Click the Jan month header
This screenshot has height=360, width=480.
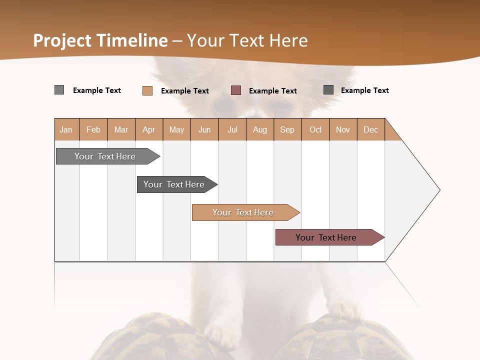click(x=66, y=129)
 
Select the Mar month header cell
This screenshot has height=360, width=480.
click(x=121, y=129)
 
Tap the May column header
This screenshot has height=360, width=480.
click(x=176, y=129)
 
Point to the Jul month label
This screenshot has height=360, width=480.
click(x=232, y=129)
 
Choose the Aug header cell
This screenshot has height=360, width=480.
click(x=259, y=129)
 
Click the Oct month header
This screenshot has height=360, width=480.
click(x=315, y=129)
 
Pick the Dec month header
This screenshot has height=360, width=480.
click(x=370, y=129)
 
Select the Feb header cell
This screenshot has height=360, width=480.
click(x=93, y=129)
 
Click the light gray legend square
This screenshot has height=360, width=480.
click(x=59, y=90)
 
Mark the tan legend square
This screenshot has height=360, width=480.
click(x=147, y=90)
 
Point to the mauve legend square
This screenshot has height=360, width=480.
click(x=236, y=90)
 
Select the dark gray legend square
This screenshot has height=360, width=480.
click(x=328, y=90)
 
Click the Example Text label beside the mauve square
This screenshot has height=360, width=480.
click(x=272, y=91)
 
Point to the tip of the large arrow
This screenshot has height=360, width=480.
click(x=439, y=190)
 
